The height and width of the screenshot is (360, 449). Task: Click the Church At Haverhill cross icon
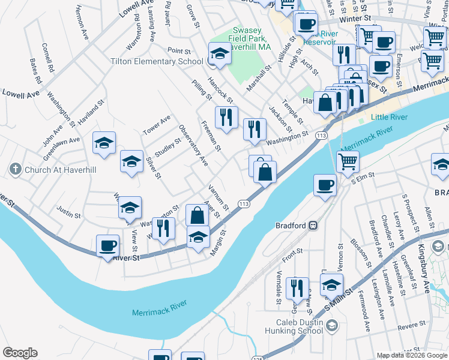16,170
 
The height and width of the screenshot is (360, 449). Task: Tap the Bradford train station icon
312,226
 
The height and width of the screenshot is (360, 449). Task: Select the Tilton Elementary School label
157,61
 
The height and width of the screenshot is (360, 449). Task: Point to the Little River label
388,117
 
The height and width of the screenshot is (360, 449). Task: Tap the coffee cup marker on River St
108,246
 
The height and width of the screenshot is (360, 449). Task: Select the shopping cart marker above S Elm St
348,161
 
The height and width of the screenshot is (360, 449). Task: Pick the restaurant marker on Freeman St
226,117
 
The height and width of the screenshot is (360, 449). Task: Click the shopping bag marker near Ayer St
197,214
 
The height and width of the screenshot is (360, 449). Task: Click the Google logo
20,353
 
